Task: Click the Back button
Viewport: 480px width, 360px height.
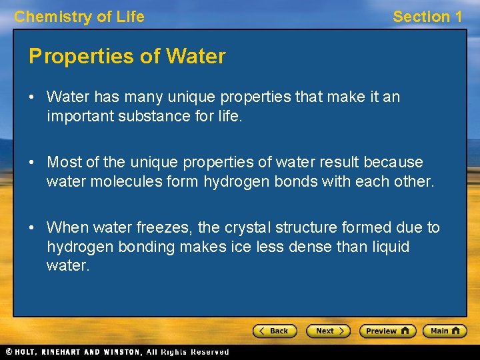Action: coord(275,331)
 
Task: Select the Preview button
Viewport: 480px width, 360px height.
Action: coord(387,331)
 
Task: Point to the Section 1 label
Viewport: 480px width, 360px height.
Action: coord(427,17)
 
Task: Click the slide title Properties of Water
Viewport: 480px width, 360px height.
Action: coord(127,57)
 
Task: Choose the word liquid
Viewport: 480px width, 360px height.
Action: coord(387,247)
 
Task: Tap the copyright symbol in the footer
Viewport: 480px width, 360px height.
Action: coord(9,352)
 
